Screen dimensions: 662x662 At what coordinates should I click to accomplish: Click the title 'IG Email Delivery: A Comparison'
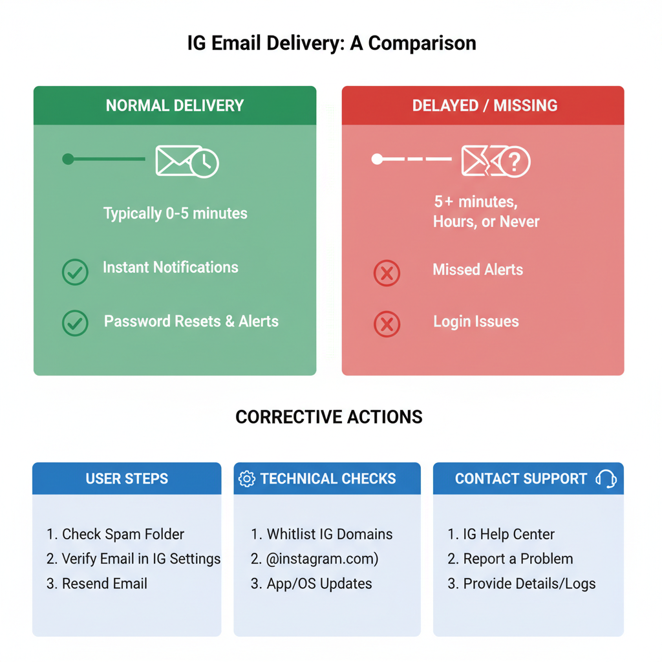[331, 43]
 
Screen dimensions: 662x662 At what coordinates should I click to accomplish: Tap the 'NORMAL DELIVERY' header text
[175, 105]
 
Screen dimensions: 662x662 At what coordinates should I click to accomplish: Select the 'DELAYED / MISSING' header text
[484, 105]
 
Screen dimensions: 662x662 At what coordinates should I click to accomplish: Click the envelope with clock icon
[187, 162]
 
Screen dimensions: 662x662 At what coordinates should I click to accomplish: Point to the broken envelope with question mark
[496, 161]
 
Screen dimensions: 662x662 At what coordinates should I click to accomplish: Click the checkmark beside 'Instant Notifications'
[75, 272]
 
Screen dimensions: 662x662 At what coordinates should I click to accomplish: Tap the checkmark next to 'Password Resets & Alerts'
[75, 323]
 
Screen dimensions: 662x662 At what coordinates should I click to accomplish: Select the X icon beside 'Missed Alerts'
[387, 273]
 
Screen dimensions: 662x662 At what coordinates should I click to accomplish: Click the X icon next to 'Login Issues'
[387, 324]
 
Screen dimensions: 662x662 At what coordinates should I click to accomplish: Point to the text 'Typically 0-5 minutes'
[175, 213]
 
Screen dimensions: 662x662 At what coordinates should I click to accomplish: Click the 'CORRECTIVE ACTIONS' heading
[328, 417]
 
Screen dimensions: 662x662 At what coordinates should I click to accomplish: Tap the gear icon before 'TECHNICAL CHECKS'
[247, 479]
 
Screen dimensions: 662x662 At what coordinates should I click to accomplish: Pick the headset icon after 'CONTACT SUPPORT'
[606, 479]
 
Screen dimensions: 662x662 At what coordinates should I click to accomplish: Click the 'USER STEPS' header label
[127, 479]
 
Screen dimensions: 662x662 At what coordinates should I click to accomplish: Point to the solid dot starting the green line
[68, 159]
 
